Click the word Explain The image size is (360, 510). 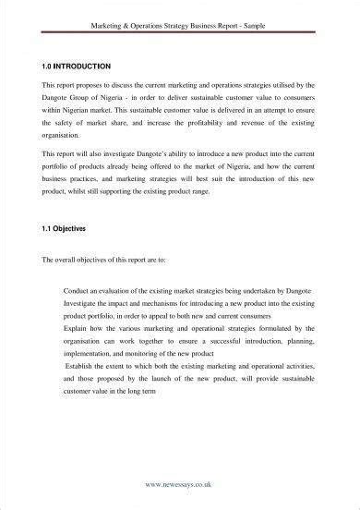78,326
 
